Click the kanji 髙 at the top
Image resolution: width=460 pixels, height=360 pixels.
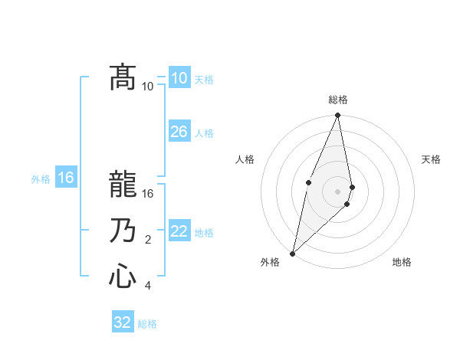(123, 77)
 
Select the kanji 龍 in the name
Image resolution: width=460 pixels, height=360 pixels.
(123, 184)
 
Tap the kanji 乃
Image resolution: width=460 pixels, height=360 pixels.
(123, 230)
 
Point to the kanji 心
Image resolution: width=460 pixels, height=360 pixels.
(123, 276)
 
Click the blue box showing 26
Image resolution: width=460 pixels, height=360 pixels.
(179, 131)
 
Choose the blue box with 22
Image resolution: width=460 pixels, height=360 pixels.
(179, 230)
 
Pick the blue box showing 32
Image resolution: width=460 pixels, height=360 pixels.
(123, 321)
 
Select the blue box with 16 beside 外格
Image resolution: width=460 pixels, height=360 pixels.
(66, 176)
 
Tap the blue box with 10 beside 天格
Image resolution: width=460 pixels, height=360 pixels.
(179, 77)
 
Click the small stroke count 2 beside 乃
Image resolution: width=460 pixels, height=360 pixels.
(148, 240)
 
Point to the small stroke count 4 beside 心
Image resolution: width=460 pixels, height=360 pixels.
(148, 286)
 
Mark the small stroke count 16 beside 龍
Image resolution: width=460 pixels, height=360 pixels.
(147, 194)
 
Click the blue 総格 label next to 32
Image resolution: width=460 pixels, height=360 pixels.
(147, 324)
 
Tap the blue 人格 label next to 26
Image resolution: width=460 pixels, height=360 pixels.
(204, 133)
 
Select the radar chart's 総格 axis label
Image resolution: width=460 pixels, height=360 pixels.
(338, 100)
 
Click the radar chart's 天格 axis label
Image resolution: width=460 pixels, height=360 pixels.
(431, 159)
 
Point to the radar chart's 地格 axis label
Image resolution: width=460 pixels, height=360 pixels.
(402, 262)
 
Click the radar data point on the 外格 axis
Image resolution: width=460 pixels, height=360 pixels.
(292, 254)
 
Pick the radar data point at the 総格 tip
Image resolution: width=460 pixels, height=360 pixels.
(337, 115)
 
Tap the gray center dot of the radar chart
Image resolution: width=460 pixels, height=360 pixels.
(337, 191)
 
